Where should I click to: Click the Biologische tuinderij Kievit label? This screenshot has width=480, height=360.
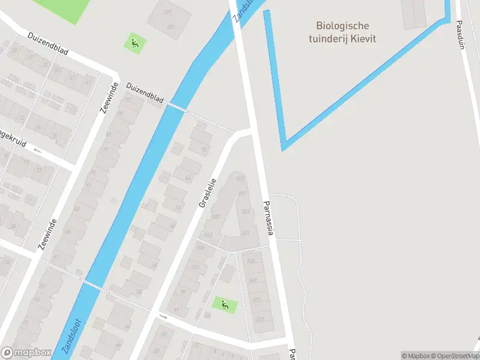(343, 32)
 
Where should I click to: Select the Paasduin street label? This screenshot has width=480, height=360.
(460, 35)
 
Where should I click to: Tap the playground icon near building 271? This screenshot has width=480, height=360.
(134, 43)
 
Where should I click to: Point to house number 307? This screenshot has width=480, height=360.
(241, 179)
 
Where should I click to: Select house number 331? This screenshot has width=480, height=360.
(245, 233)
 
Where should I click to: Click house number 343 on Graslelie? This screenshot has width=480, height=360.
(209, 235)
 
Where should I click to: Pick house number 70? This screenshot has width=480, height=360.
(204, 149)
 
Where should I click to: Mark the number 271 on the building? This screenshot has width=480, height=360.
(167, 13)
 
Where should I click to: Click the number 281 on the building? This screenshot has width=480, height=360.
(171, 27)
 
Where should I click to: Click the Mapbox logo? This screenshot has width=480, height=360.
(26, 353)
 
